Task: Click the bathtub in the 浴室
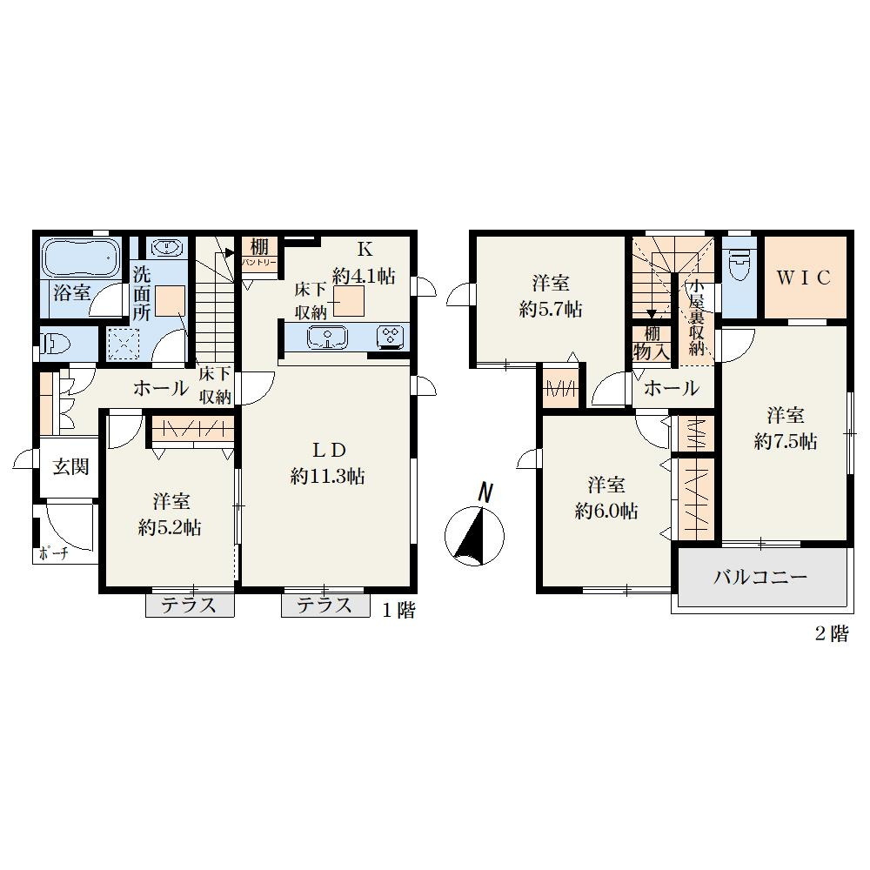coord(82,258)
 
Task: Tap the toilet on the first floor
coord(56,344)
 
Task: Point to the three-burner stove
coord(391,337)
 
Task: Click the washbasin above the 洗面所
coord(167,246)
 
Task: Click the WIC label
coord(803,278)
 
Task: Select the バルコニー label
coord(760,578)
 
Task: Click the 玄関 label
coord(71,467)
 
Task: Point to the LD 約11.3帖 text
coord(328,463)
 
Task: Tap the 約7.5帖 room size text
coord(786,442)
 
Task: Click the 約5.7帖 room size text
coord(551,310)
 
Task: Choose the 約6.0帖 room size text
coord(606,511)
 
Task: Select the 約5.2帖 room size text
coord(170,528)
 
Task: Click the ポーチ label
coord(53,553)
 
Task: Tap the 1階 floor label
coord(399,611)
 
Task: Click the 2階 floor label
coord(831,633)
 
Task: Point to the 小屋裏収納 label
coord(696,318)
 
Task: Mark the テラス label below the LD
coord(325,606)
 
